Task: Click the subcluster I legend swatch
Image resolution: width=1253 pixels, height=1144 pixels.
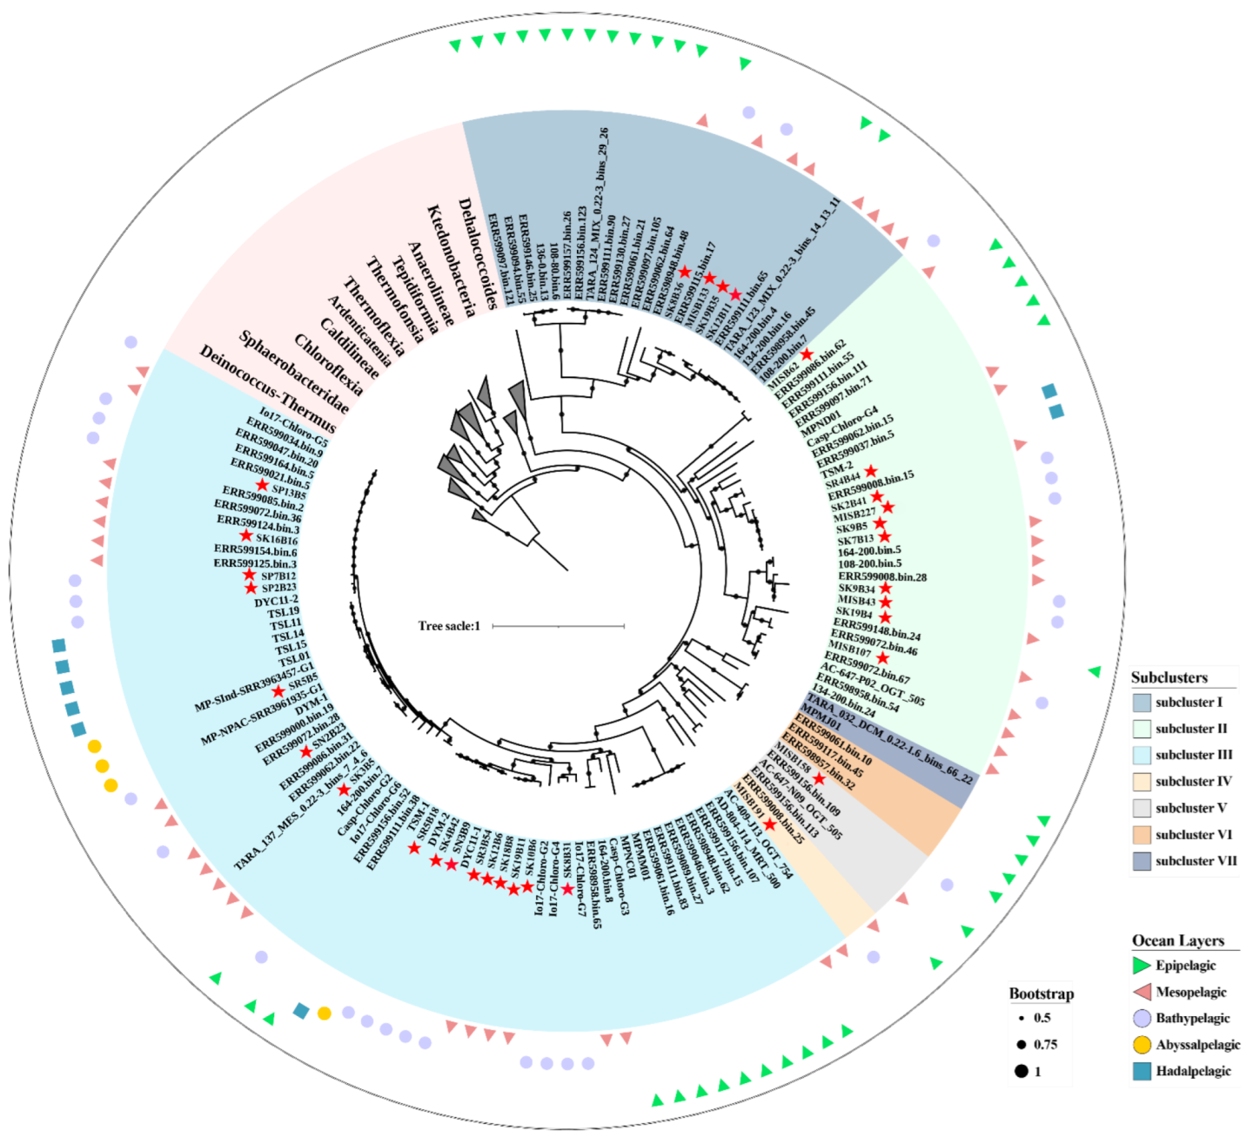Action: pos(1142,703)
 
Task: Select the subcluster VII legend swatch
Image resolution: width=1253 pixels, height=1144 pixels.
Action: pos(1142,861)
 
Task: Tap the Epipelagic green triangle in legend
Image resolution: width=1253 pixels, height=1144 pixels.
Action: pos(1142,966)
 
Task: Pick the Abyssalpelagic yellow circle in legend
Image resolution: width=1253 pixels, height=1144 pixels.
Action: pos(1142,1045)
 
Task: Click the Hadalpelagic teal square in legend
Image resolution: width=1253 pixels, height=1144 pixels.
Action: pos(1142,1072)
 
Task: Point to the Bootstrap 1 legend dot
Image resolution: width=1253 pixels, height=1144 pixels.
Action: pos(1021,1072)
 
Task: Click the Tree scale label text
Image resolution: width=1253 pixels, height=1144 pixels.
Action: pos(449,626)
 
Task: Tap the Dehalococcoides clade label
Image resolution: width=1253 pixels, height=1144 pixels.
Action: pos(477,253)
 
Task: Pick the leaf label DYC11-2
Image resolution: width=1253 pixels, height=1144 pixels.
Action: pos(276,601)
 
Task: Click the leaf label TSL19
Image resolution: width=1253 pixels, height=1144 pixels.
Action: pos(284,613)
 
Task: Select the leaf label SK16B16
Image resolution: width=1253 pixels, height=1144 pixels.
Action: pos(276,540)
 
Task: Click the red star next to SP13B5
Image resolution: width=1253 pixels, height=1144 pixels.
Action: pos(262,485)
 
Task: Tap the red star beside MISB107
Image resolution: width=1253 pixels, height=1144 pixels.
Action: pos(883,657)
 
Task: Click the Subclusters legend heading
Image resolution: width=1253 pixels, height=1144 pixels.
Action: pos(1169,677)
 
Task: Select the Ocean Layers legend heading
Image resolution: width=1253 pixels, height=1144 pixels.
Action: pos(1177,940)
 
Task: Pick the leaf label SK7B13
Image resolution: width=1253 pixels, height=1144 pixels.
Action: pos(855,539)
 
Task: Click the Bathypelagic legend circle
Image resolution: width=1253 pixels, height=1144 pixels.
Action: pos(1142,1019)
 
